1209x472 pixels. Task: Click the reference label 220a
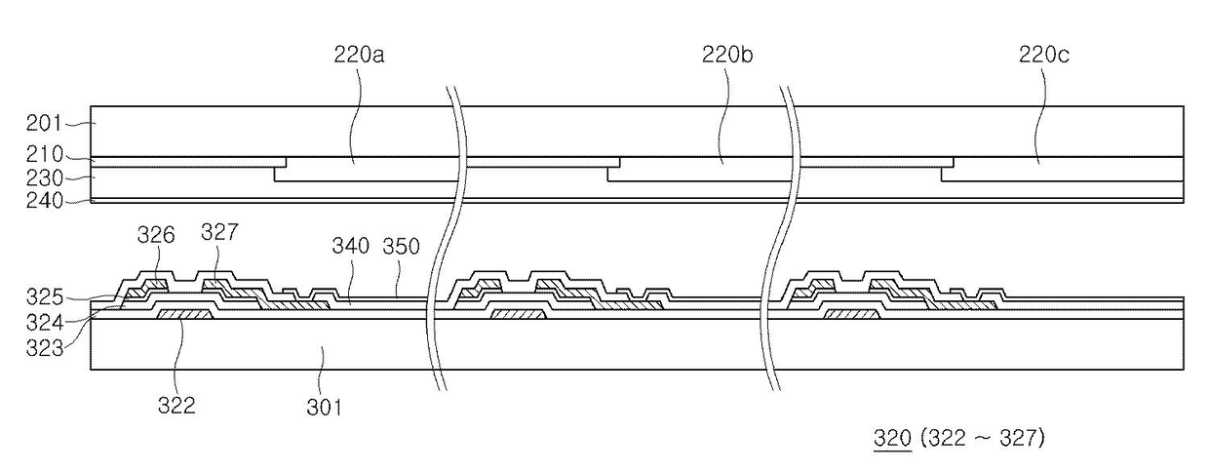pos(359,55)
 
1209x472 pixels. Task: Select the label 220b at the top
pos(727,55)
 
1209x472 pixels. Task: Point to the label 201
pos(45,123)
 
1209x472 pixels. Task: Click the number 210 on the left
pos(45,155)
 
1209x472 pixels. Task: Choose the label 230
pos(45,178)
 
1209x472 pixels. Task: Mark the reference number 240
pos(45,201)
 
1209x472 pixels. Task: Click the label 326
pos(156,235)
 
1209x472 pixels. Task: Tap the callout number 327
pos(219,232)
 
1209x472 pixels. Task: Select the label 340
pos(351,246)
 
